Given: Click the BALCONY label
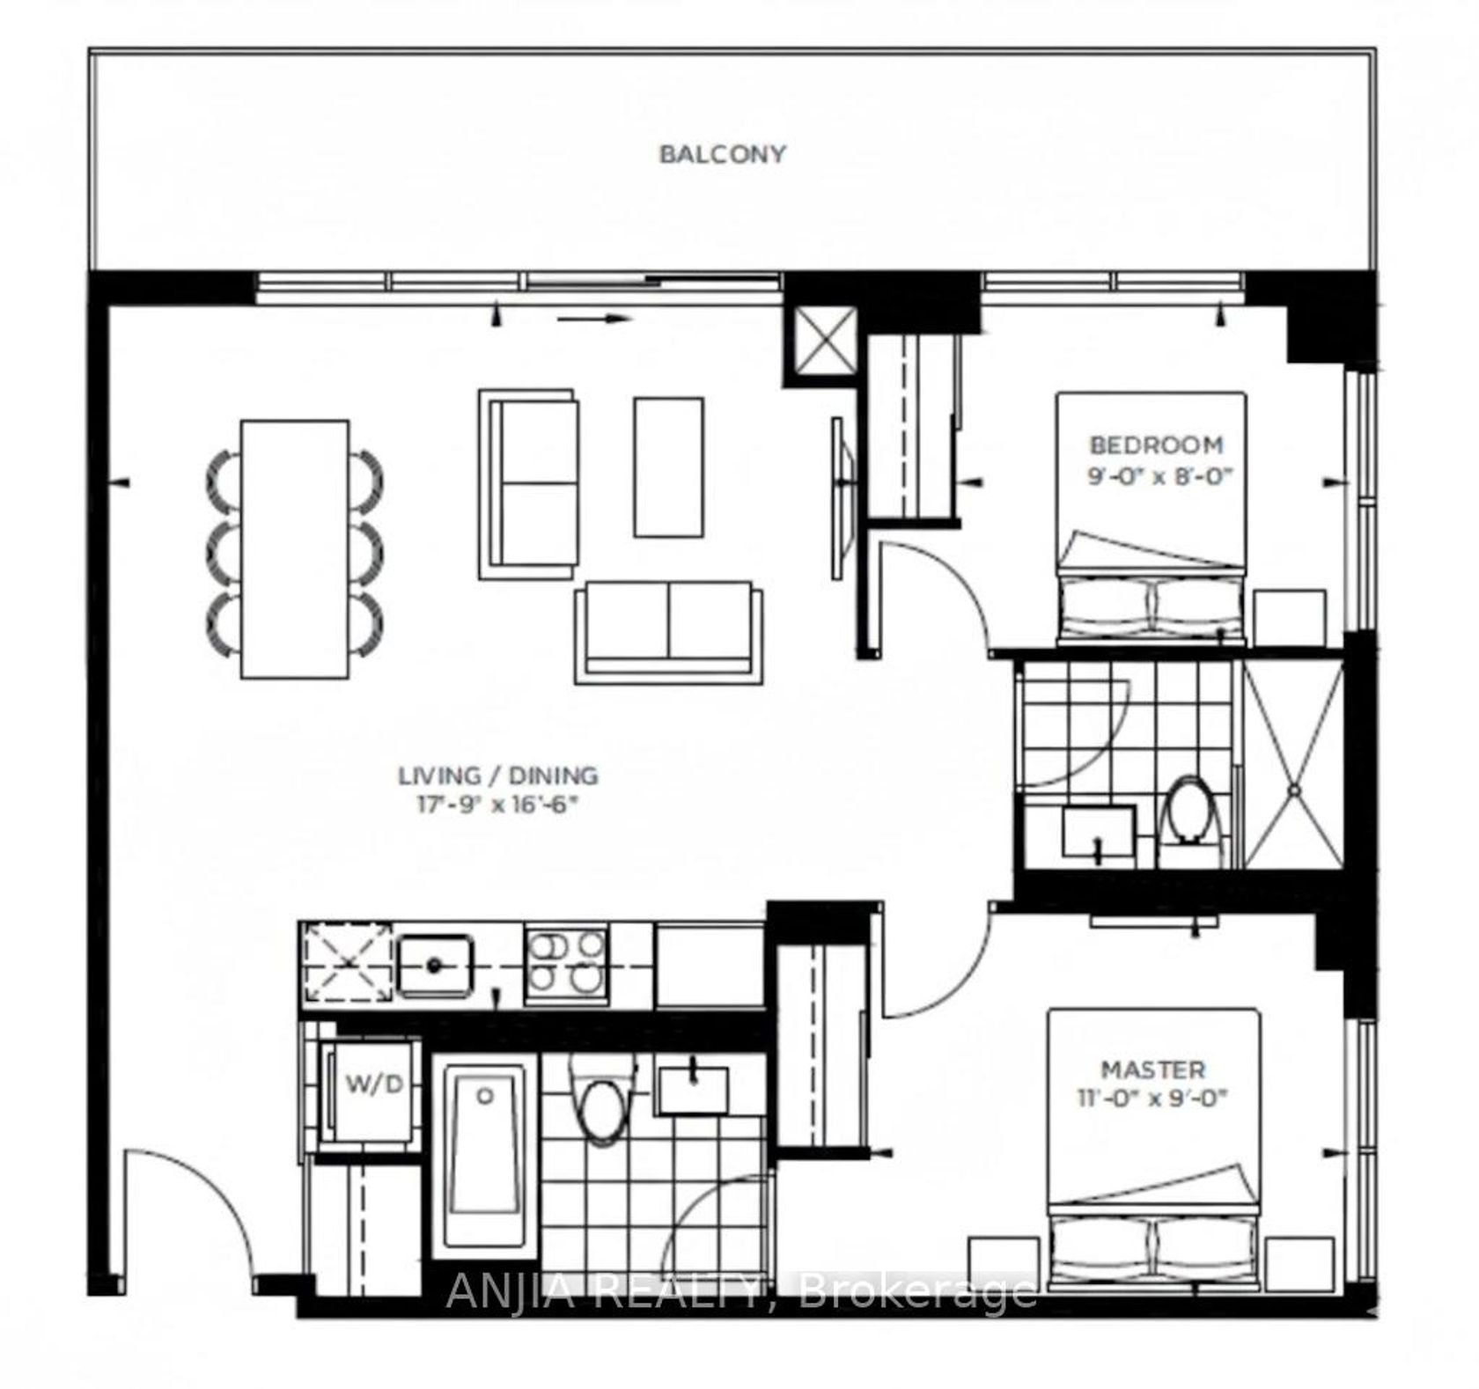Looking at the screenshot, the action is click(722, 155).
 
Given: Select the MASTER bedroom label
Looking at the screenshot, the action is click(1153, 1070).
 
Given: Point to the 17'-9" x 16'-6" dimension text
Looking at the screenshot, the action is click(497, 805).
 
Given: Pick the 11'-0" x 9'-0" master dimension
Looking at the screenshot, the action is click(1152, 1099).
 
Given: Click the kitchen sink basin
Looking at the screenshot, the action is click(434, 966).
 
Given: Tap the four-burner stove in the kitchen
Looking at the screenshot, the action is click(566, 966).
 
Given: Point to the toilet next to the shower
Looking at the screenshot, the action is click(1190, 811).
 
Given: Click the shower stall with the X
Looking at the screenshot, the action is click(1293, 764).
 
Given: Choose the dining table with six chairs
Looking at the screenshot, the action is click(295, 549).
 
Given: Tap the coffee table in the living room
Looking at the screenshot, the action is click(669, 467).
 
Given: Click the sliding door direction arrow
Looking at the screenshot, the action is click(595, 319).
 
